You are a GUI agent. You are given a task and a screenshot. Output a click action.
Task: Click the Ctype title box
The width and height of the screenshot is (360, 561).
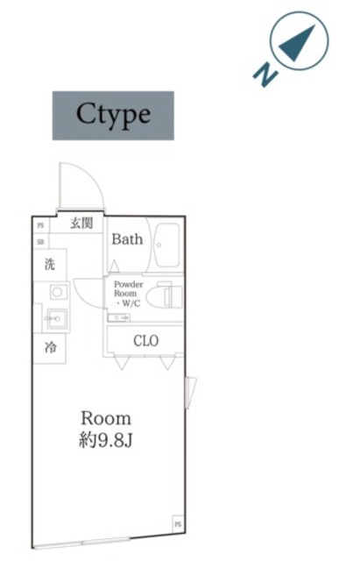pos(113,115)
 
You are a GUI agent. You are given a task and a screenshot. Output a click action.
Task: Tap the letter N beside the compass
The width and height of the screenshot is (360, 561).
pos(262,75)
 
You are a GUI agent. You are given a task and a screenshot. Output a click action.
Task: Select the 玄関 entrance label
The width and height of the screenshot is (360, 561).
pos(81,224)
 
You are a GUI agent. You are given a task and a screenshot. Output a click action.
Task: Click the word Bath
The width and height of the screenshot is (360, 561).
pos(127,239)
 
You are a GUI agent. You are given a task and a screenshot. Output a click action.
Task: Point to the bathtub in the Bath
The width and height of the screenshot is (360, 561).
pos(166,248)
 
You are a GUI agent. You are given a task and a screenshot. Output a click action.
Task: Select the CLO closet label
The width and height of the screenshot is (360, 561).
pos(145,341)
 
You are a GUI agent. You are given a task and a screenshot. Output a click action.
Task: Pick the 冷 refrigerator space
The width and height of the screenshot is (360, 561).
pos(51,347)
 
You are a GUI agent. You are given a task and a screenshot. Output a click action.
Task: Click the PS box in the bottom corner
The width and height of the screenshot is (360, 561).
pos(178,523)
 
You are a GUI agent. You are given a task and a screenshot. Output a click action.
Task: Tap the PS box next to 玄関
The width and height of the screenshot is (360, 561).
pos(40,225)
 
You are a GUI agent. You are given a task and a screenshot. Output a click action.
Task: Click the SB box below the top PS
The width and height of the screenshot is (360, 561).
pos(40,240)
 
